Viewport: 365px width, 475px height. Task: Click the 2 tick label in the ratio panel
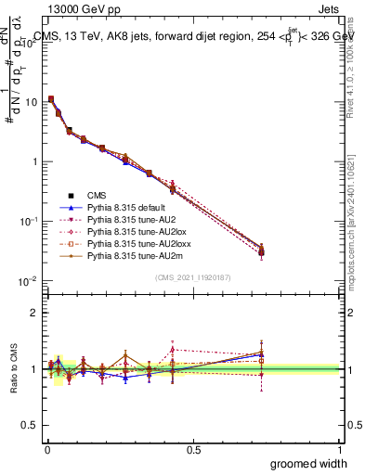point(33,313)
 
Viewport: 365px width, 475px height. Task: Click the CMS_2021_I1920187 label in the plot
point(193,277)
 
